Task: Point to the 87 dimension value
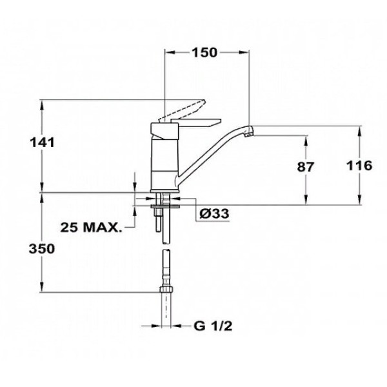(304, 166)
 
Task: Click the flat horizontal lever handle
(200, 121)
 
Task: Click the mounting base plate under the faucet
(165, 195)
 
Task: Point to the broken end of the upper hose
(166, 240)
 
